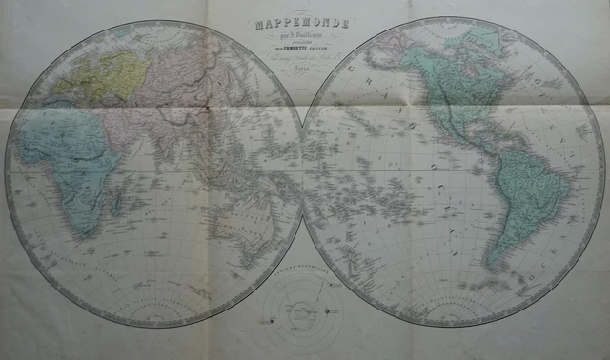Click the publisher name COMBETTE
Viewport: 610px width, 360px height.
pyautogui.click(x=303, y=47)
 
